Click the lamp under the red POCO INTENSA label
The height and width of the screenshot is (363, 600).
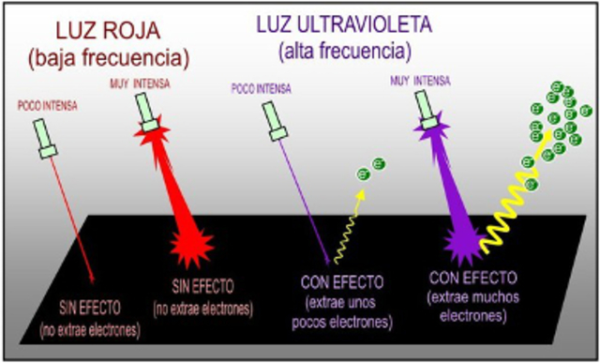(x=47, y=139)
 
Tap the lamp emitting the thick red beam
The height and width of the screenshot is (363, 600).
(x=148, y=112)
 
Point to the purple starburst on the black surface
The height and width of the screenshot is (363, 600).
(x=460, y=244)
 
